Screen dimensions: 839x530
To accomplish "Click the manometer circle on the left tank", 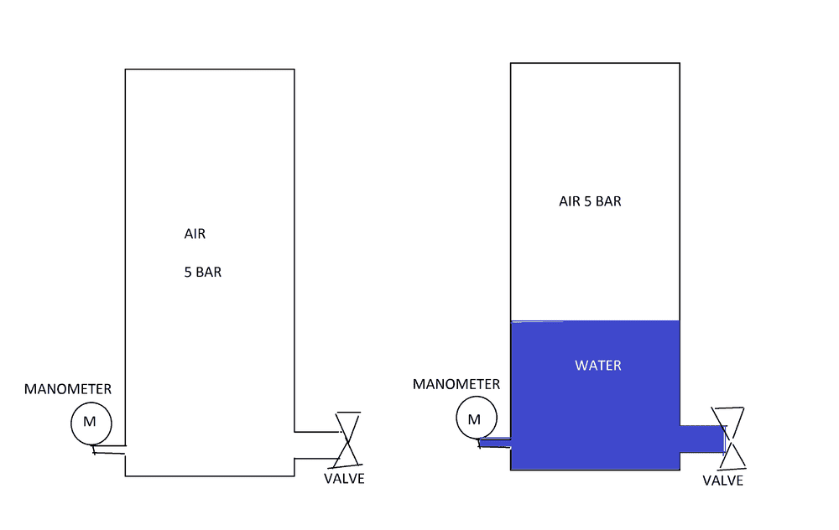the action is (x=91, y=403).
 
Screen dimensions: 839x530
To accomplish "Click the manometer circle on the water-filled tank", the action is (x=477, y=397).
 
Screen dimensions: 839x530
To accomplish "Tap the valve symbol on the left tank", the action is (x=348, y=439).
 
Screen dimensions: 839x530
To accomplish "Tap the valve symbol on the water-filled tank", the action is (x=728, y=439).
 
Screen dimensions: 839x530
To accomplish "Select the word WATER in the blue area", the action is (x=597, y=366).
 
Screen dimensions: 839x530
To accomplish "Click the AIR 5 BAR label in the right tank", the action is (x=590, y=201).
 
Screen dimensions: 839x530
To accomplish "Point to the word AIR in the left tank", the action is (x=195, y=234).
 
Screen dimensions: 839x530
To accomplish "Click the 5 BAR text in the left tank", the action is (x=203, y=273).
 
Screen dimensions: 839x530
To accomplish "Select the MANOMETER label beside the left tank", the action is (x=68, y=389).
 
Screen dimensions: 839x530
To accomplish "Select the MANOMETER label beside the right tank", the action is (x=456, y=384).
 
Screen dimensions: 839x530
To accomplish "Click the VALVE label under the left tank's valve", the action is (x=344, y=479).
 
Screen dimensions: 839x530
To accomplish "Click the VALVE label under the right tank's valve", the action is (x=723, y=481).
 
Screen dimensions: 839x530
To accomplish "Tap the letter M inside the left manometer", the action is (x=90, y=422).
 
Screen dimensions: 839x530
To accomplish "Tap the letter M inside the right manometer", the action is (x=474, y=419).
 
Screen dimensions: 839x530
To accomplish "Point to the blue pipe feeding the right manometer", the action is (x=494, y=442).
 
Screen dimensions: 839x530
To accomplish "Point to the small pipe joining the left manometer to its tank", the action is (x=109, y=449).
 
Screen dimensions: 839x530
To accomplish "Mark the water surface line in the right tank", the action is (x=595, y=321).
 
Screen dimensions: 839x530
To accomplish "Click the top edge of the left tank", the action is (x=210, y=69).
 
